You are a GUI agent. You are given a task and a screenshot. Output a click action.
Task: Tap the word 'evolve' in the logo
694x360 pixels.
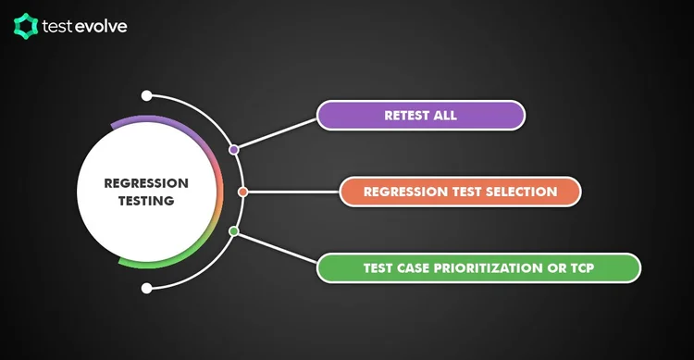click(x=103, y=26)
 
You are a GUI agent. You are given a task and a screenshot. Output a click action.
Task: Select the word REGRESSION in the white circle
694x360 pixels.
click(x=145, y=183)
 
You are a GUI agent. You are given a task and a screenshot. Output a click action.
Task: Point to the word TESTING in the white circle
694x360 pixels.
click(x=145, y=200)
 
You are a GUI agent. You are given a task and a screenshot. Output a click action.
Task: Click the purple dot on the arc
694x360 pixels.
click(x=233, y=149)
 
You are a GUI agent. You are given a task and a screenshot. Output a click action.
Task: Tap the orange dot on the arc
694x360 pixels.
click(x=242, y=192)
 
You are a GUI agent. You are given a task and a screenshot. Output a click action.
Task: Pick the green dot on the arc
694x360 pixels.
click(x=233, y=230)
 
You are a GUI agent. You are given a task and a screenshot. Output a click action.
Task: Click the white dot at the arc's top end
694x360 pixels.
click(x=146, y=95)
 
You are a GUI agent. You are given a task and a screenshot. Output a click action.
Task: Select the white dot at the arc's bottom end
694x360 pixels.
click(x=146, y=289)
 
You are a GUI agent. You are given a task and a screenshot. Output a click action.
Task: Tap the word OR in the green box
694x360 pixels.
click(x=558, y=268)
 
